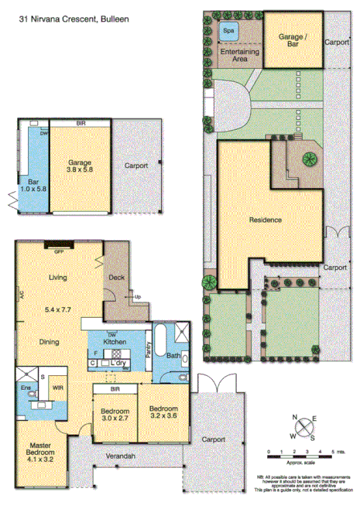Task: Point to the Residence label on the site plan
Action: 265,220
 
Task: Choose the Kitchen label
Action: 115,342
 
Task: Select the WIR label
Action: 57,388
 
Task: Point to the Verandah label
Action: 121,456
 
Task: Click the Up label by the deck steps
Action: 138,297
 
